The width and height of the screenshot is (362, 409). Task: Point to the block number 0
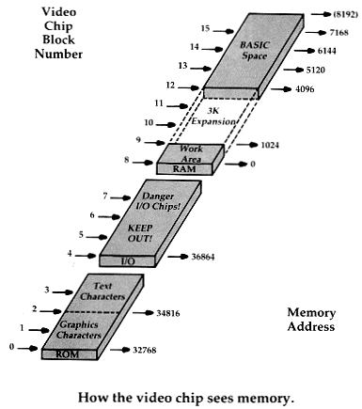(10, 348)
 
